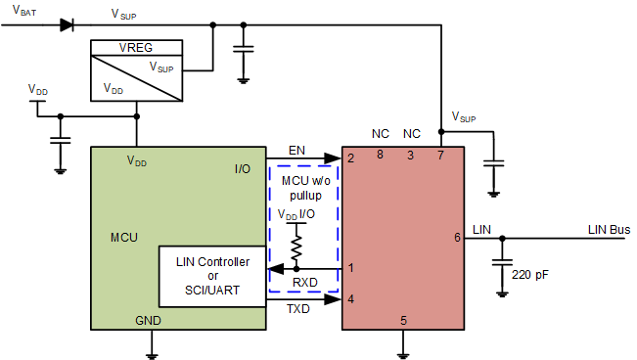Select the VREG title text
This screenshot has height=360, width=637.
click(x=135, y=47)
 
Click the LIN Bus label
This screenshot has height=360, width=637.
click(x=609, y=230)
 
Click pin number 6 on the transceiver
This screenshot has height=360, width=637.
click(x=457, y=238)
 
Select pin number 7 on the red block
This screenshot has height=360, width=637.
click(x=440, y=156)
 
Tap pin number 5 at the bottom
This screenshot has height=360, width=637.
click(x=402, y=320)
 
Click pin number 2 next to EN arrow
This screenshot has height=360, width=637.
click(x=349, y=157)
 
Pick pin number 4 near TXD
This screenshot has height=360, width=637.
click(x=349, y=299)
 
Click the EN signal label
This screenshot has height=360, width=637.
click(x=297, y=149)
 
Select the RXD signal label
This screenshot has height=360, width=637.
click(x=305, y=283)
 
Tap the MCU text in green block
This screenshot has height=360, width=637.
click(x=124, y=238)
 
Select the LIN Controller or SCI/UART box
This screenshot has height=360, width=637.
click(x=212, y=277)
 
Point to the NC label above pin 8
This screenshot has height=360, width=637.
click(x=381, y=133)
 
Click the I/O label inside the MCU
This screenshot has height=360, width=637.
click(x=242, y=168)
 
